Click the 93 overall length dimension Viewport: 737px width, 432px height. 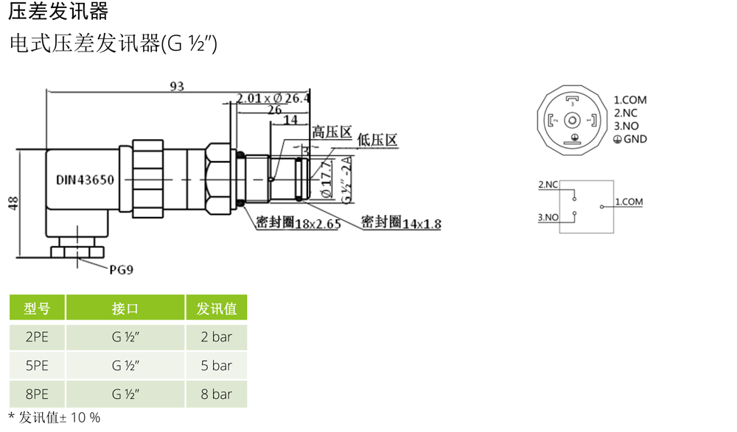coord(177,86)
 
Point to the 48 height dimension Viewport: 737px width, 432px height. coord(13,203)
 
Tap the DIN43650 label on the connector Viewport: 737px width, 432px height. coord(85,180)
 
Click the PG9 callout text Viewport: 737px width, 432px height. coord(122,270)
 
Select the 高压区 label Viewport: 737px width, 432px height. coord(331,132)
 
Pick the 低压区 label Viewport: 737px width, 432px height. coord(377,139)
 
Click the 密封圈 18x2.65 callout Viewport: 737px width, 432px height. coord(298,223)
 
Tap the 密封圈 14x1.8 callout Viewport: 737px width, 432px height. coord(401,222)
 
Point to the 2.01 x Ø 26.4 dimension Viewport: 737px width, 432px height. coord(273,98)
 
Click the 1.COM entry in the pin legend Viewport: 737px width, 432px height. coord(630,100)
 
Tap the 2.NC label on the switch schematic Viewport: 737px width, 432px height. coord(548,184)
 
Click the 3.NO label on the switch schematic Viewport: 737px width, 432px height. coord(548,217)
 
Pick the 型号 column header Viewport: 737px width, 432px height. coord(37,308)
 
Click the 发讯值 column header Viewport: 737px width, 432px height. coord(216,308)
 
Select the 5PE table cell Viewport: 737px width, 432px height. coord(37,366)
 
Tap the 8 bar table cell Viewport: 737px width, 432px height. coord(216,394)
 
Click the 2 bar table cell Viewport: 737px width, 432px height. coord(216,337)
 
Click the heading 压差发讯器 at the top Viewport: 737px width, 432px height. coord(58,11)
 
